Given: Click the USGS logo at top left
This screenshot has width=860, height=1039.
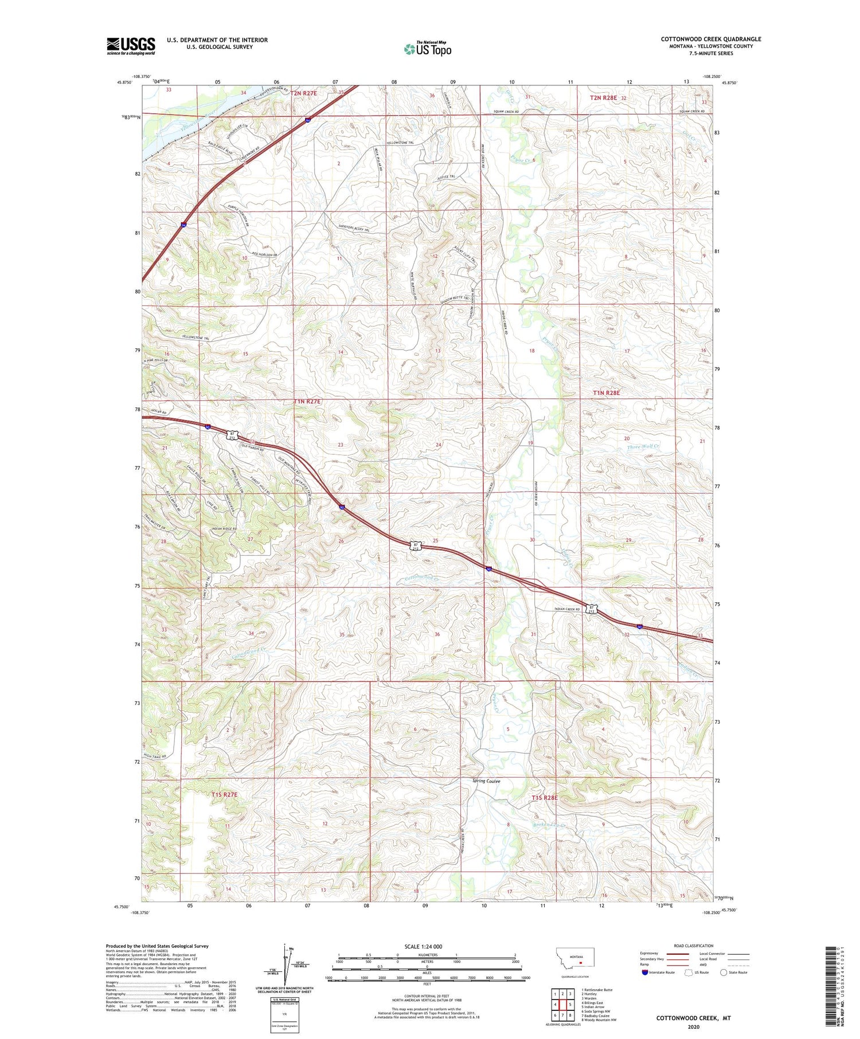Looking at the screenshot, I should click(131, 46).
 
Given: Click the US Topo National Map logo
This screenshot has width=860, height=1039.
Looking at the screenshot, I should click(427, 49).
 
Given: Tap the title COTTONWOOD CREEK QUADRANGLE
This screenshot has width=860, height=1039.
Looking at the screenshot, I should click(711, 39).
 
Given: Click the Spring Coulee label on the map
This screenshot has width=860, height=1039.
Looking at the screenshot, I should click(486, 781).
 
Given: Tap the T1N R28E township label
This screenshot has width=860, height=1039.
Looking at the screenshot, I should click(606, 393).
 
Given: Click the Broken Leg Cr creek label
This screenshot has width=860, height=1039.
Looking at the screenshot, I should click(549, 825).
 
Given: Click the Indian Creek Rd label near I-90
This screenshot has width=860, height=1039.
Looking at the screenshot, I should click(567, 609).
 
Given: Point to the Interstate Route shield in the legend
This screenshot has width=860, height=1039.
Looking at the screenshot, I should click(644, 972).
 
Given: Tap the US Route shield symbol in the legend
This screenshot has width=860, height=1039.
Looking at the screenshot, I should click(689, 972).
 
